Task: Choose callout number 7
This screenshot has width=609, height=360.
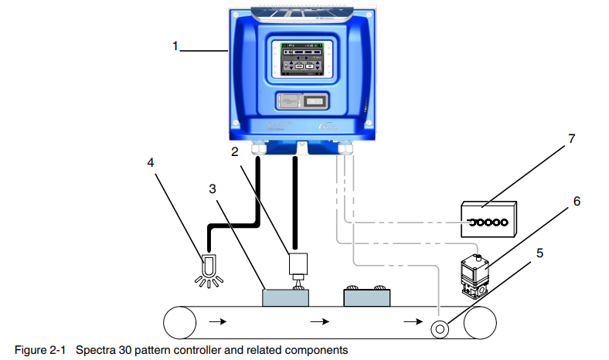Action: click(x=571, y=140)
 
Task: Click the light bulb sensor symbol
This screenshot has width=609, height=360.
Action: click(x=207, y=265)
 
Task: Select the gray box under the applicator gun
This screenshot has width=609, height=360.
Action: click(x=285, y=297)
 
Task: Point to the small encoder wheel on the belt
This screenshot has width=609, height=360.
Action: click(x=441, y=326)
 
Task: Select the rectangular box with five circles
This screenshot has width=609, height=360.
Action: click(x=487, y=220)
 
